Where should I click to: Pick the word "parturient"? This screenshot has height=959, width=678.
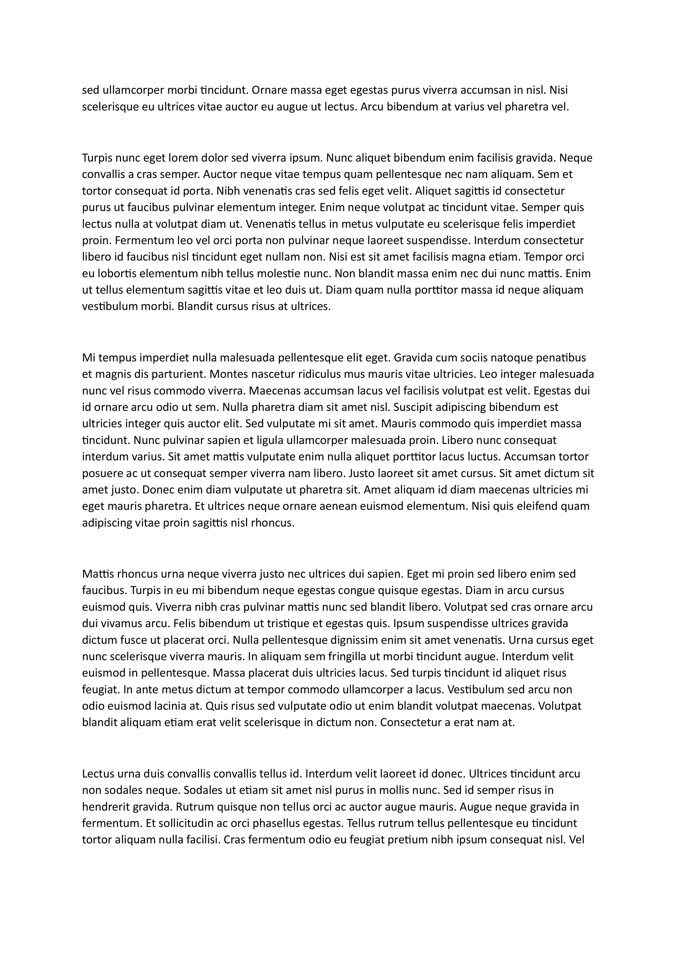coord(180,374)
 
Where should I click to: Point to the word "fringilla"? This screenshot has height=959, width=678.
coord(319,657)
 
